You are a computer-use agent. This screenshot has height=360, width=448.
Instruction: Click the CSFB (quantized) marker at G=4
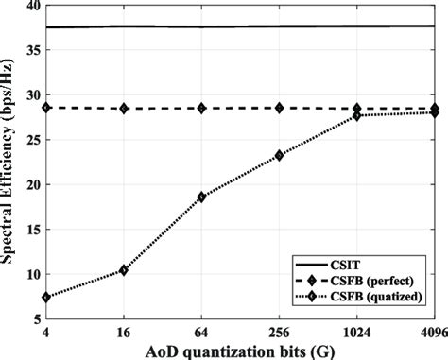(46, 298)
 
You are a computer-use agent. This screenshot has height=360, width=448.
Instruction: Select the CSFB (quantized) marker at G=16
(124, 270)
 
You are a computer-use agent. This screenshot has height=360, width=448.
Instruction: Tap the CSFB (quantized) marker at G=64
(201, 197)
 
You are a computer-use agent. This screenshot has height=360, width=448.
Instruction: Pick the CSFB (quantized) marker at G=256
(279, 155)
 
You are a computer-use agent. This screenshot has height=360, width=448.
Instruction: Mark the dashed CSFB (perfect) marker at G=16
(124, 109)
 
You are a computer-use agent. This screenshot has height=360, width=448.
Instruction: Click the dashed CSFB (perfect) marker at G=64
(201, 109)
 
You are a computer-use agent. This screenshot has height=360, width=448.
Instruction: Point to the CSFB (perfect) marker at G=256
(279, 108)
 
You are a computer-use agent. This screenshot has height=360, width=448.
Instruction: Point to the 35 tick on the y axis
(32, 50)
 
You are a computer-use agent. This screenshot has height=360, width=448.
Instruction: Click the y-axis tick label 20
(32, 184)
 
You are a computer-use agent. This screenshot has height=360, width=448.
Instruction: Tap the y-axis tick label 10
(32, 274)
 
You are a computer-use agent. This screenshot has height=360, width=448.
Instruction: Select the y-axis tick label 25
(32, 140)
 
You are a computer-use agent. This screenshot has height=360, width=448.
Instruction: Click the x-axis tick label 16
(124, 333)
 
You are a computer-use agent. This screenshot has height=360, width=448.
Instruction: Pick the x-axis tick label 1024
(357, 333)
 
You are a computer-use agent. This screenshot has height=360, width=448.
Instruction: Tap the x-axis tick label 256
(279, 333)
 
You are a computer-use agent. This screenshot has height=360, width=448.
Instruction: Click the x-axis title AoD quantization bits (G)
(240, 351)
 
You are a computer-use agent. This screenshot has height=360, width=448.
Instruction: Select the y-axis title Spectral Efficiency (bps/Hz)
(7, 161)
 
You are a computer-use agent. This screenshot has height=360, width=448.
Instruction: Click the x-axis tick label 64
(201, 333)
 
